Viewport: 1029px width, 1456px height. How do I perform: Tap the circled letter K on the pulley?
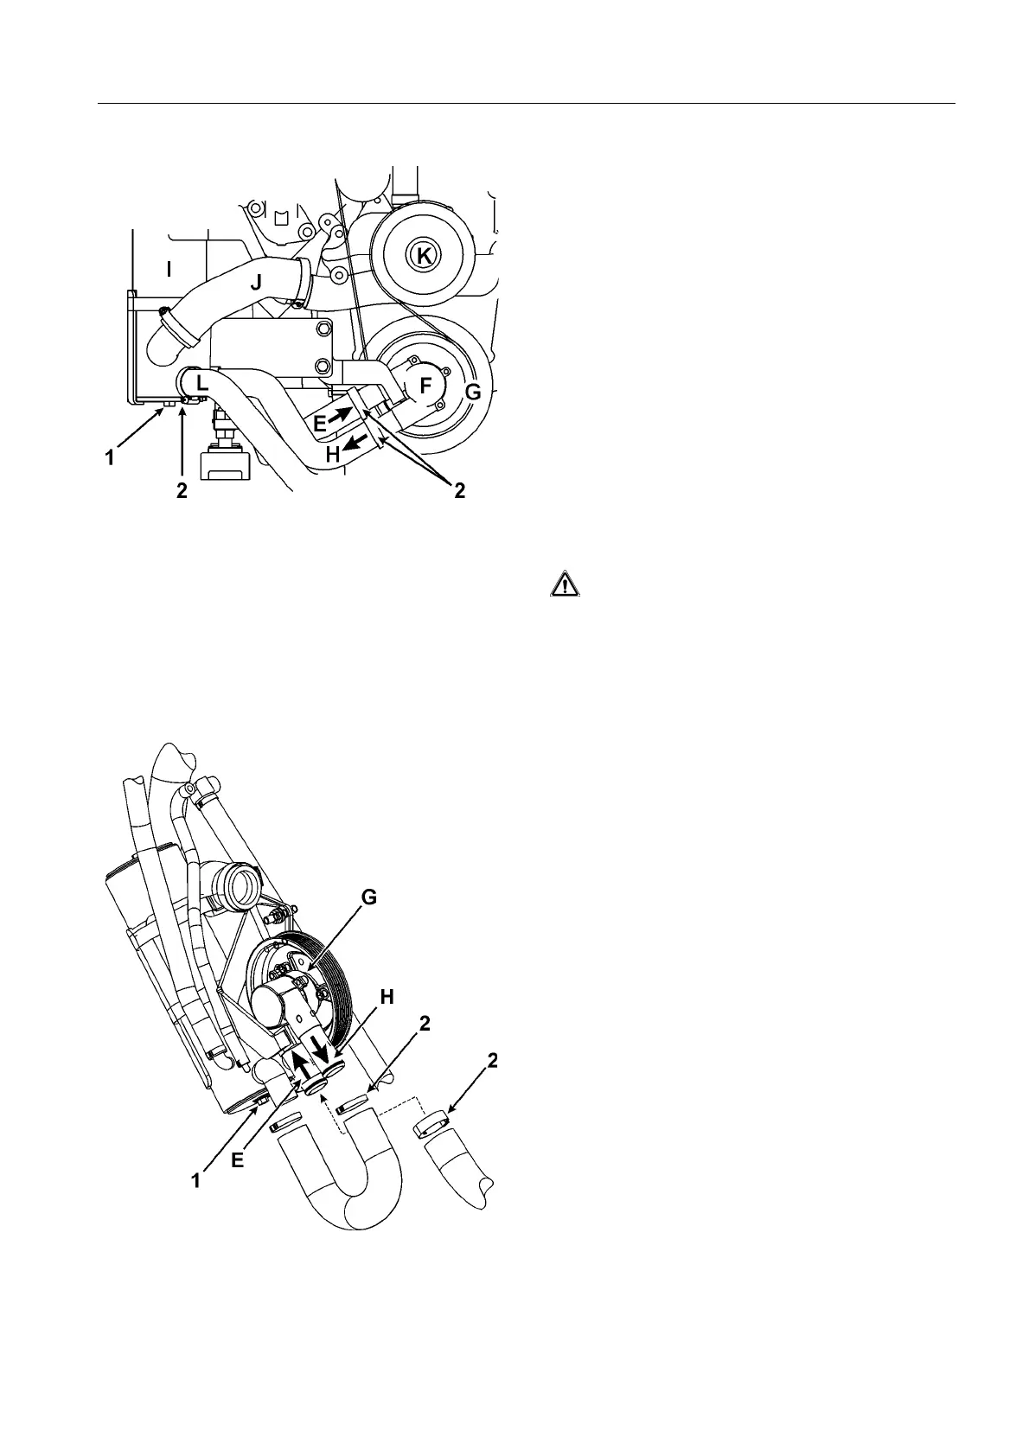(x=422, y=254)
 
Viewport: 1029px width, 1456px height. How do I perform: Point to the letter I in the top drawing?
(x=169, y=270)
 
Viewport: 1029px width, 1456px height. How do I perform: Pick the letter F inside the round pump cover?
(x=426, y=387)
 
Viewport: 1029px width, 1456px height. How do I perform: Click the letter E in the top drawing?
(x=320, y=423)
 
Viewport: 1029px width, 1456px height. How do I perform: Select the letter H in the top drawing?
(x=333, y=454)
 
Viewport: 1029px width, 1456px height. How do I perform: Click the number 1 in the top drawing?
(x=110, y=458)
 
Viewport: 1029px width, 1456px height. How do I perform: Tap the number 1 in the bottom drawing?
(x=197, y=1179)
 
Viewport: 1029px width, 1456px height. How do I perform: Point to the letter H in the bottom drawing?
(x=387, y=997)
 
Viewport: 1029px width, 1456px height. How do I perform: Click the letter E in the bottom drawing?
(x=237, y=1162)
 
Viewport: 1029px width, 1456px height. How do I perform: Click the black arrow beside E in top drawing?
(x=340, y=416)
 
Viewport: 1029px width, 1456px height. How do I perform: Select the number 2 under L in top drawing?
(x=182, y=490)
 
